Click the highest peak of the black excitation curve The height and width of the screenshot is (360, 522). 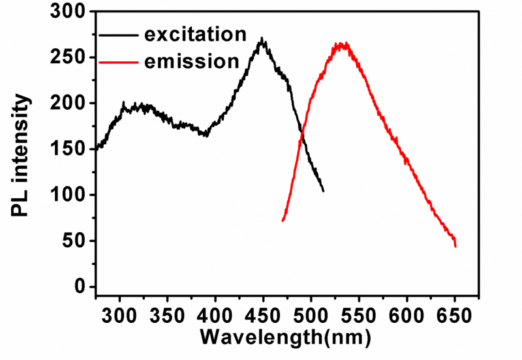pyautogui.click(x=262, y=39)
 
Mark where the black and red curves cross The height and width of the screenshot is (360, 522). pyautogui.click(x=302, y=134)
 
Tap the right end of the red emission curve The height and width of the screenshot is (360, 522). pyautogui.click(x=455, y=246)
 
